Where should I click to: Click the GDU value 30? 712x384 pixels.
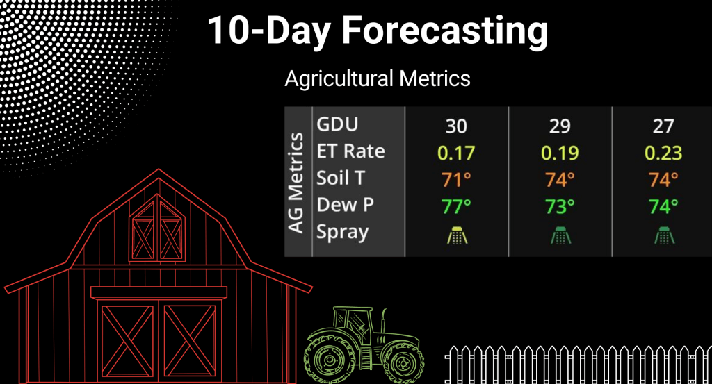click(456, 126)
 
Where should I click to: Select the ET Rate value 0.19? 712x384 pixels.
click(560, 153)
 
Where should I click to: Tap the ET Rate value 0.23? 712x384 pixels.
click(663, 153)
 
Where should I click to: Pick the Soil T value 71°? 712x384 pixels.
click(456, 180)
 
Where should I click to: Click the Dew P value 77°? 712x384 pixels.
click(456, 207)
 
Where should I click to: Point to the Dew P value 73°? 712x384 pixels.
click(560, 207)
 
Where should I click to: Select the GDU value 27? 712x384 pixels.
click(663, 126)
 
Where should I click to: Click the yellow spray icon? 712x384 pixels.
click(457, 235)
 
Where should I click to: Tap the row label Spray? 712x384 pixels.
click(342, 233)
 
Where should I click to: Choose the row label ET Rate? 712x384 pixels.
click(350, 151)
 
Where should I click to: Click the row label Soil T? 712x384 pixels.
click(341, 178)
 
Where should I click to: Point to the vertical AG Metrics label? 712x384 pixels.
click(296, 183)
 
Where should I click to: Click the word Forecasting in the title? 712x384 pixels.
click(445, 31)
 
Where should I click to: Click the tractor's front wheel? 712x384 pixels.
click(403, 362)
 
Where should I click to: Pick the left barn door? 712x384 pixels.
click(127, 341)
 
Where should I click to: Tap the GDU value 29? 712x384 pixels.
click(560, 126)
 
